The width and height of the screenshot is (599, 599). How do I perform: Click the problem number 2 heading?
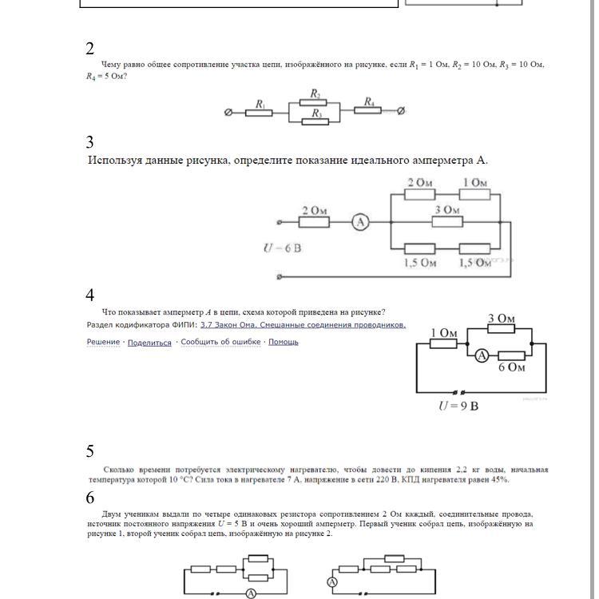[90, 49]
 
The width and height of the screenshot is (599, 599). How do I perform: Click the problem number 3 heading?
[90, 142]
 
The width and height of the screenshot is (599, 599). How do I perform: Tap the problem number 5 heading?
[90, 451]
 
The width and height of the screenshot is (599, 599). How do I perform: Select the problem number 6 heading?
[90, 498]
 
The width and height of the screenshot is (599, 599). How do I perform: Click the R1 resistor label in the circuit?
[260, 104]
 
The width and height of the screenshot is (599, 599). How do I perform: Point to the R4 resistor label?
[369, 101]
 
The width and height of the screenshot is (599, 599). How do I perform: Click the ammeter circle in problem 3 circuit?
[360, 222]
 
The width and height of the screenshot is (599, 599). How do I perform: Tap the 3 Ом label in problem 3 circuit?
[447, 210]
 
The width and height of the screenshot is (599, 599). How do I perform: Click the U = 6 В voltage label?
[283, 248]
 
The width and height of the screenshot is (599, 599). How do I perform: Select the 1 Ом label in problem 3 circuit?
[474, 183]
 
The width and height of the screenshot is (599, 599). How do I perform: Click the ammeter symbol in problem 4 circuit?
[482, 355]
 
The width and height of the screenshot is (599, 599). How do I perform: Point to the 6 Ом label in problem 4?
[511, 367]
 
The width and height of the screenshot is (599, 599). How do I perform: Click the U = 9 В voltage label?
[458, 406]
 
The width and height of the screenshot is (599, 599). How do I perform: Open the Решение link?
[103, 342]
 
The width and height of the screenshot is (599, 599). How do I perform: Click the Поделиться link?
[149, 342]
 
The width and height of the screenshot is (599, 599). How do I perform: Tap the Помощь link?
[284, 342]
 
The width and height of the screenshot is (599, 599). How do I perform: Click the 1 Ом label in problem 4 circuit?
[443, 333]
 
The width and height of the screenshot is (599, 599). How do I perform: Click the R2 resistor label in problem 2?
[315, 94]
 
